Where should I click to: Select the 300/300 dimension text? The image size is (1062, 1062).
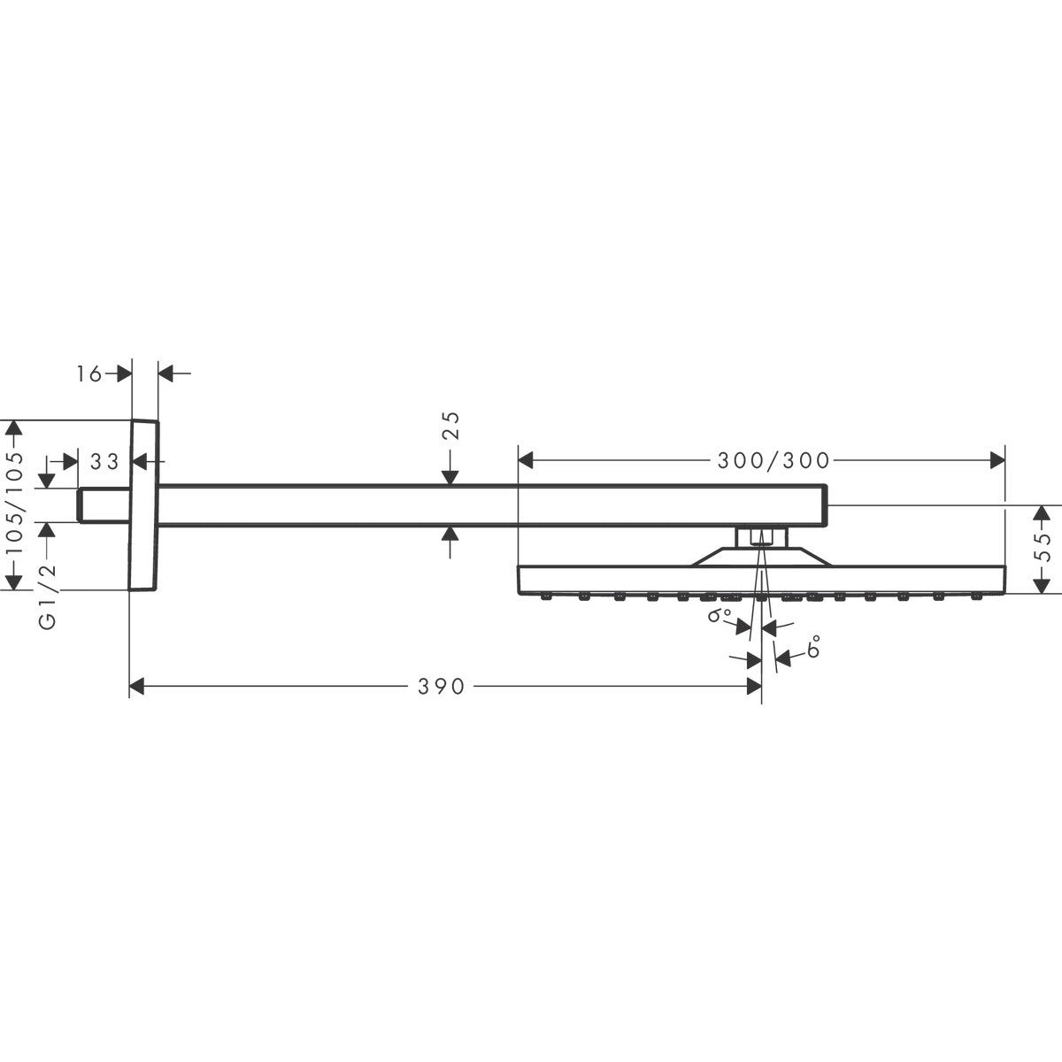(762, 460)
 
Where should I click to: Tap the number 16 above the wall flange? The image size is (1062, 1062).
(89, 374)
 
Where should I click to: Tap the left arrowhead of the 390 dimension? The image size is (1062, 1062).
(137, 686)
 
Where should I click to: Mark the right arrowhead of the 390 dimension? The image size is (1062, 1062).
(754, 686)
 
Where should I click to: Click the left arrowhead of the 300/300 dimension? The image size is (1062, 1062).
(526, 459)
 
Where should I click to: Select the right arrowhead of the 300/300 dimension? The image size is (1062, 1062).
(998, 459)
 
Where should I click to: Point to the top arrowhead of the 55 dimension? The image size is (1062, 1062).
(1042, 514)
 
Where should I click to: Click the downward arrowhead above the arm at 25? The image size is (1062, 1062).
(450, 477)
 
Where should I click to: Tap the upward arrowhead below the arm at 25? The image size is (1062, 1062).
(450, 533)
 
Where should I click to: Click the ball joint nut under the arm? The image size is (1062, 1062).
(759, 536)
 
